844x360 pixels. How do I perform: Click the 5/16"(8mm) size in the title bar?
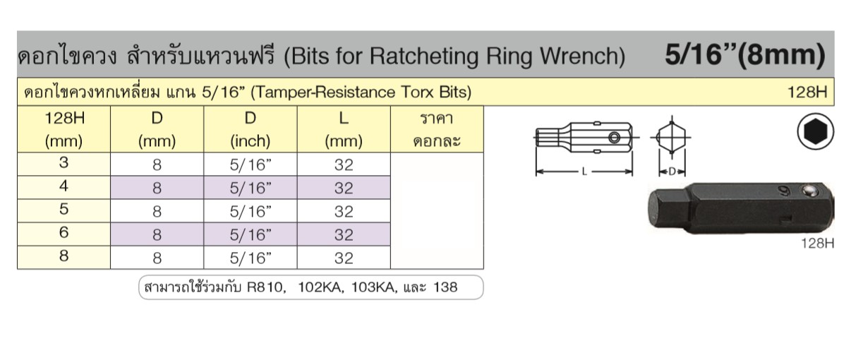coord(744,55)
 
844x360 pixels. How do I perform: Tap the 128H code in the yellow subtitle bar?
coord(807,92)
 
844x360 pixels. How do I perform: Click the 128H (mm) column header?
coord(64,130)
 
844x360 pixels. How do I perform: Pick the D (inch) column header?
coord(251,130)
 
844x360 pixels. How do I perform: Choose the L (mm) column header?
coord(344,130)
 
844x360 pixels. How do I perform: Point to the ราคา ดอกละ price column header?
coord(437,130)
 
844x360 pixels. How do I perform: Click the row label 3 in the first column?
coord(64,163)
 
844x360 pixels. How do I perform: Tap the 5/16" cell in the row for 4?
coord(251,188)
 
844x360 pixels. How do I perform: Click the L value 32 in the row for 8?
coord(344,258)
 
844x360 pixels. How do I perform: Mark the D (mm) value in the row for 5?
coord(157,212)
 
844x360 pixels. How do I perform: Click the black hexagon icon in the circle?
coord(815,131)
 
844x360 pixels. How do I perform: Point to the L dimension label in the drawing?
coord(584,172)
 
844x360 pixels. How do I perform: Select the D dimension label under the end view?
coord(673,172)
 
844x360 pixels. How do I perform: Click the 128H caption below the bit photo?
coord(818,244)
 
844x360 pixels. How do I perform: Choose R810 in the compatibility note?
coord(265,287)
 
